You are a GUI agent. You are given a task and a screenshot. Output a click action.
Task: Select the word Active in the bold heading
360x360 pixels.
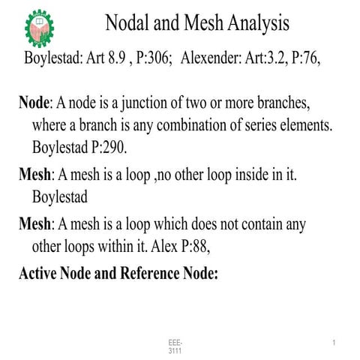pyautogui.click(x=42, y=273)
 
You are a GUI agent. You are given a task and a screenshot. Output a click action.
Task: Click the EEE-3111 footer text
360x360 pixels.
pyautogui.click(x=175, y=346)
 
